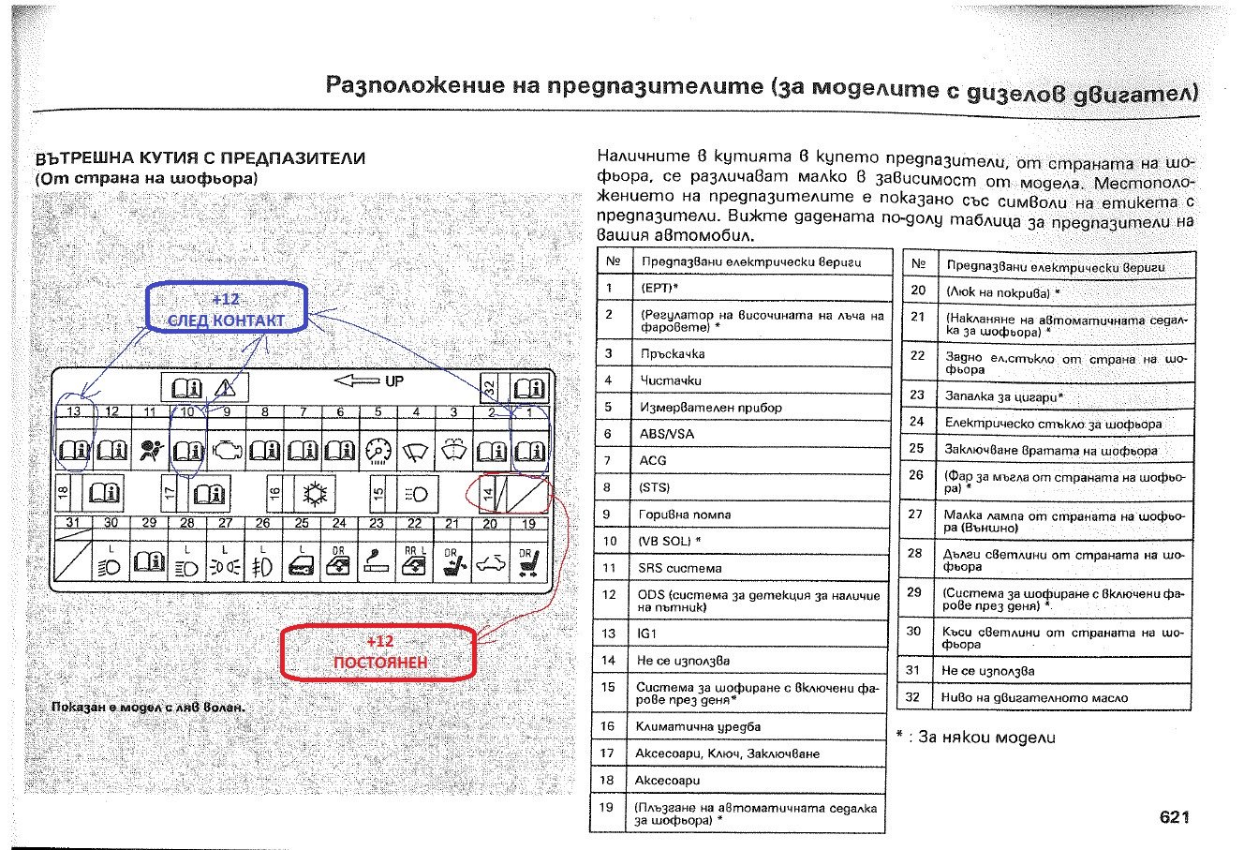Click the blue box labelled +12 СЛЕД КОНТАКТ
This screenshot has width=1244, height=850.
pyautogui.click(x=225, y=309)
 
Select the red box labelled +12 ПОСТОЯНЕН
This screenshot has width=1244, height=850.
pyautogui.click(x=379, y=651)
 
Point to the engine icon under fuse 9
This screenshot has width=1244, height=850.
pyautogui.click(x=226, y=452)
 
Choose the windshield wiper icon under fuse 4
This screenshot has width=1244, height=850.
pyautogui.click(x=414, y=453)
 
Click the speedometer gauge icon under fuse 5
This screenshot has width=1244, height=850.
pyautogui.click(x=377, y=453)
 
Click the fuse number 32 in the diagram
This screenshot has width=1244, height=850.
pyautogui.click(x=489, y=386)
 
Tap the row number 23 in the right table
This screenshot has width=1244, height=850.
pyautogui.click(x=917, y=395)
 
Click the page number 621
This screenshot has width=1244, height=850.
pyautogui.click(x=1174, y=817)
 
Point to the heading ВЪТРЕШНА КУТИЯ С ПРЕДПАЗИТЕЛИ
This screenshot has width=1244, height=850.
pyautogui.click(x=200, y=158)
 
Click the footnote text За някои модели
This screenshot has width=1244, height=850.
pyautogui.click(x=986, y=738)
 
